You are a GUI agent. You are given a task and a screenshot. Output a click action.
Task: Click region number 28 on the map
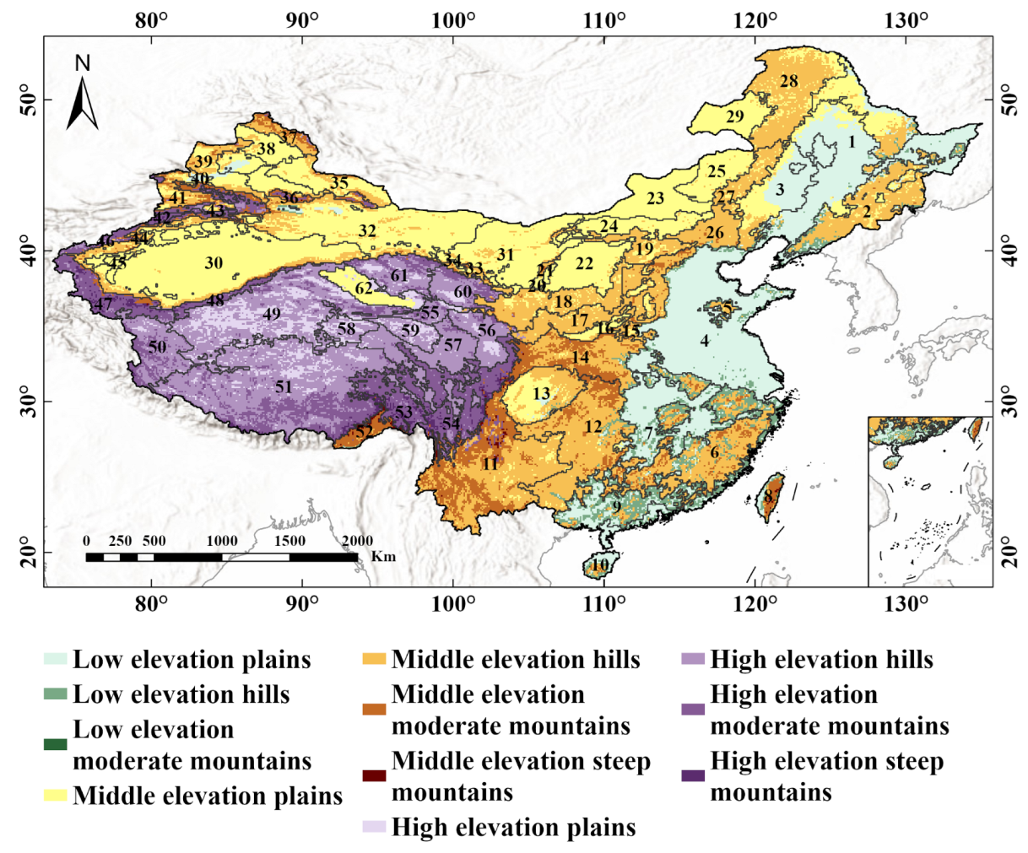point(789,82)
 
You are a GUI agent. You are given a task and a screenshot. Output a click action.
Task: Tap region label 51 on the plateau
point(283,387)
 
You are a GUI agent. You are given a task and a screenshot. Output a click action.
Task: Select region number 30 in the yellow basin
point(214,263)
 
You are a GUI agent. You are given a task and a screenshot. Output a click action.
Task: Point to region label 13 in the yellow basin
point(541,394)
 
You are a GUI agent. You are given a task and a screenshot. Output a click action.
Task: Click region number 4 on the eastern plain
point(704,342)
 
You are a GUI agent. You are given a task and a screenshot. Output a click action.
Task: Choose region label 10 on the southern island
point(599,564)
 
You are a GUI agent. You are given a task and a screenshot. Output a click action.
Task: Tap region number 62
point(364,289)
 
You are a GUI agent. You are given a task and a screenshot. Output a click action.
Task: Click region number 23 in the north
point(656,199)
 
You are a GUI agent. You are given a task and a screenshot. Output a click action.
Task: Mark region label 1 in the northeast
point(852,142)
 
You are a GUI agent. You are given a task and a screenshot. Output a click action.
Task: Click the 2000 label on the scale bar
point(357,541)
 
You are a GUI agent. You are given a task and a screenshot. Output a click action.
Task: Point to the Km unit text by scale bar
point(383,557)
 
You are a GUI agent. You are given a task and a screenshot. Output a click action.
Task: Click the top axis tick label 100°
point(452,19)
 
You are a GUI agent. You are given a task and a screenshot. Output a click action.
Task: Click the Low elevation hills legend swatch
point(56,694)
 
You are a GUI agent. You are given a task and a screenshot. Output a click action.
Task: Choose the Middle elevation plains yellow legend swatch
point(56,796)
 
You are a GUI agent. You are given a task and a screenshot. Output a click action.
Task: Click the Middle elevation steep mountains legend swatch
point(375,776)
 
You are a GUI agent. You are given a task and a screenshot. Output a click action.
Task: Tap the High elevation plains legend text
point(513,827)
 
